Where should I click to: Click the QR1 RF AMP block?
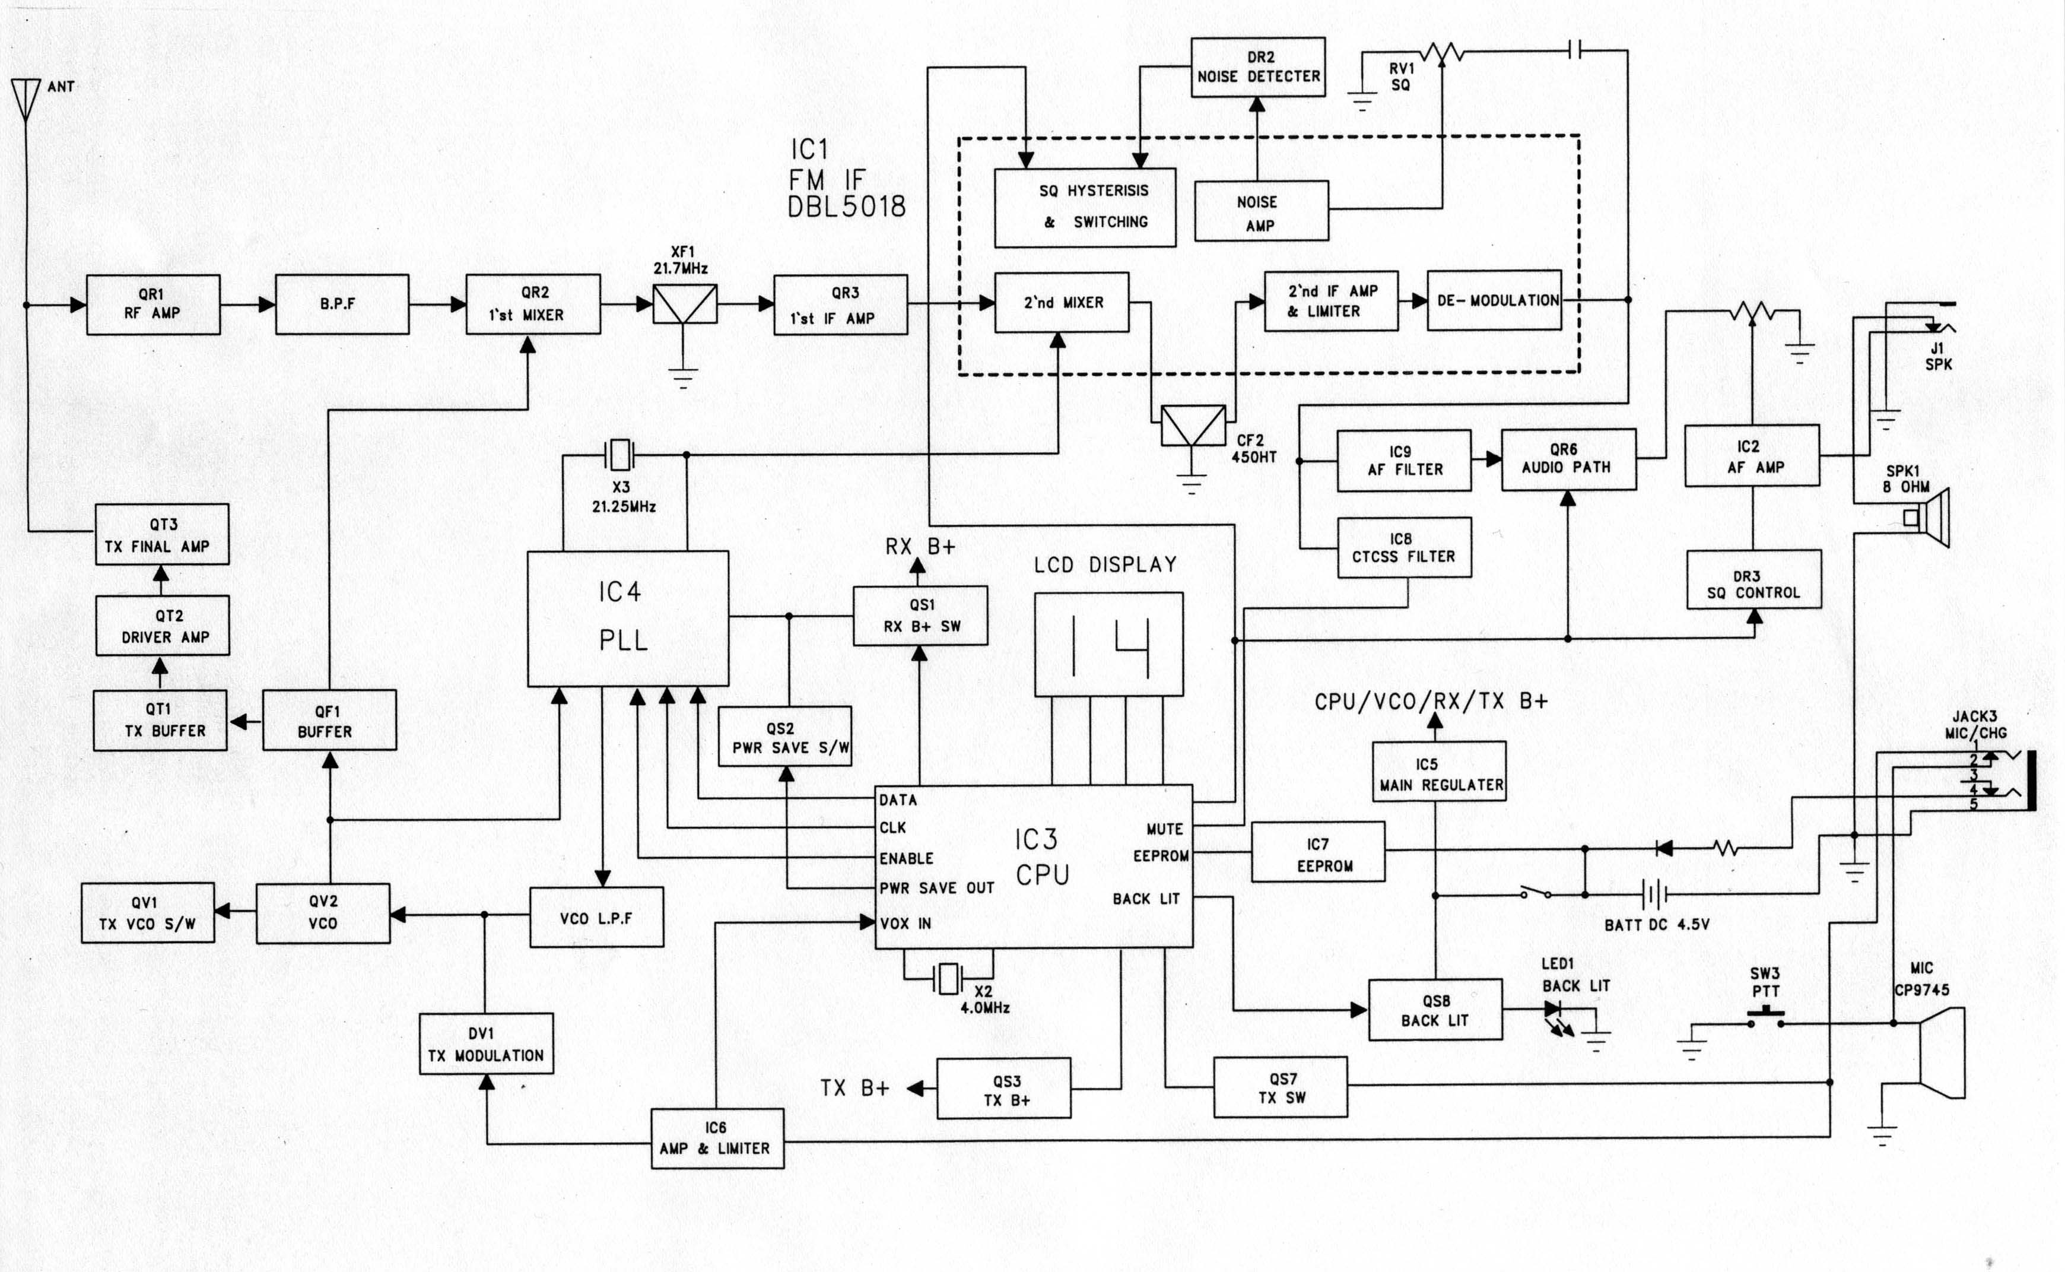[153, 304]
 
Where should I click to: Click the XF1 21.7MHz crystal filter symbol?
[684, 304]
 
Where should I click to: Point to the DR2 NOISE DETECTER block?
[1258, 67]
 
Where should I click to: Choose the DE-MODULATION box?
[1494, 300]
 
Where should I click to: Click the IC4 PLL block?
[627, 618]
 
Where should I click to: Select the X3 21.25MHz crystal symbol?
[619, 455]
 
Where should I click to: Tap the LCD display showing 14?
[1108, 645]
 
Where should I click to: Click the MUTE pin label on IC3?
[1164, 829]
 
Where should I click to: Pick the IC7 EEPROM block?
[1317, 855]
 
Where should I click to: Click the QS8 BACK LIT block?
[1435, 1010]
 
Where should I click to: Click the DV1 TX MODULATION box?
[486, 1044]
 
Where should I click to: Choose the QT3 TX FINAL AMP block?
[161, 535]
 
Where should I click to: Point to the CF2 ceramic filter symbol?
[1192, 427]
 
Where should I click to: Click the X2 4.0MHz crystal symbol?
[948, 978]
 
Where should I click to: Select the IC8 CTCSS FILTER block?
[1404, 548]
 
